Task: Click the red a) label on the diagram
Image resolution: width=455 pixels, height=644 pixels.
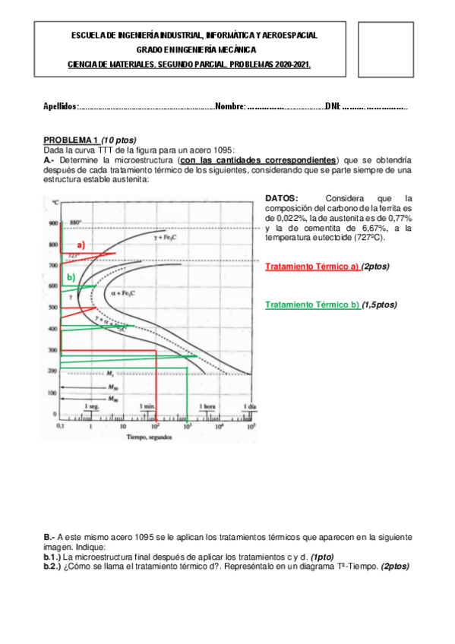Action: (79, 245)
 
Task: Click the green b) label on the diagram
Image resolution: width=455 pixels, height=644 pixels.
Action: (71, 278)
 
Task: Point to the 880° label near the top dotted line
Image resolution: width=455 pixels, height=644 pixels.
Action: (75, 223)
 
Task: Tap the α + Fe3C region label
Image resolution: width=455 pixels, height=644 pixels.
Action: (123, 292)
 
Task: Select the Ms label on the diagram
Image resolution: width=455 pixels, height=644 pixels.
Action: (110, 374)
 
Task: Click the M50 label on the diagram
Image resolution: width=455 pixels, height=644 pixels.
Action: (112, 387)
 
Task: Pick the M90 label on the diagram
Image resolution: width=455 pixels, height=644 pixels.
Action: (112, 398)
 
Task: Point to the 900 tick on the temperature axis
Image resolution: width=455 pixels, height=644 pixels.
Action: (52, 223)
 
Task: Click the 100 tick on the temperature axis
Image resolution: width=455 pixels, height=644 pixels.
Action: (52, 393)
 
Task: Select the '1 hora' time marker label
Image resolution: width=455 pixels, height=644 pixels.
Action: (207, 407)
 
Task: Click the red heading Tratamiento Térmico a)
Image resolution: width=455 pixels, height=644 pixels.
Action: (312, 267)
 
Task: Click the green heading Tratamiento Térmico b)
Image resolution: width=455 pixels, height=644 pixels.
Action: (312, 305)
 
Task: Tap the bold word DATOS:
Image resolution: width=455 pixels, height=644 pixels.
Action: (282, 198)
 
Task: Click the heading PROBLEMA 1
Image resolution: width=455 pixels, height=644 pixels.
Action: (71, 140)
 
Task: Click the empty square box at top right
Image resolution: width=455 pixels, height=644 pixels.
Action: (384, 49)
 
